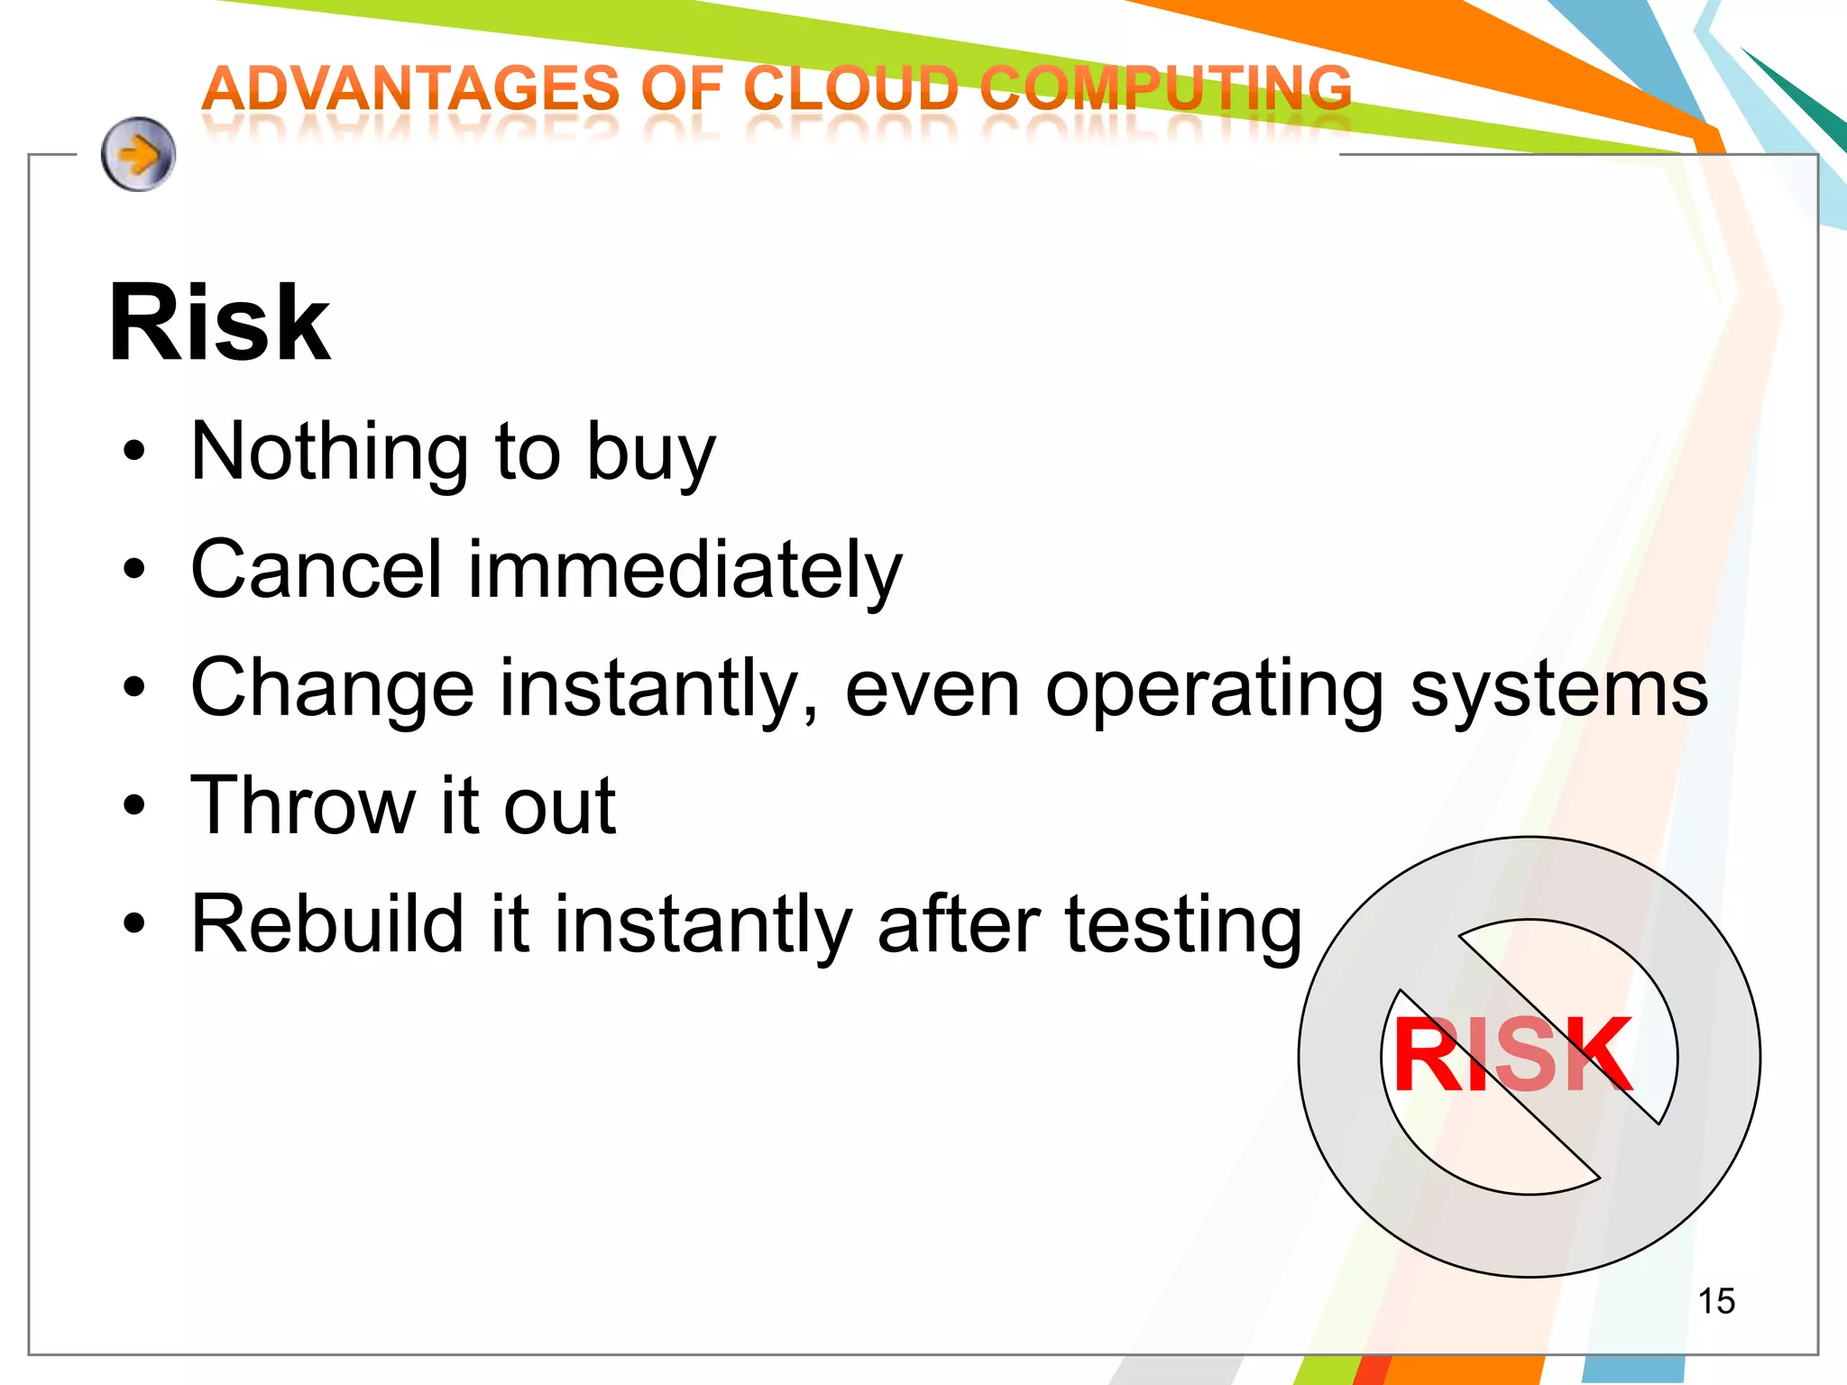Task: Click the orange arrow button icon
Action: pos(138,154)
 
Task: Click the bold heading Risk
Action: pos(219,323)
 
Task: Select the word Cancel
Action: pos(317,569)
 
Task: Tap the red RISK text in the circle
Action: pos(1512,1054)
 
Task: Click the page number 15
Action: pos(1715,1301)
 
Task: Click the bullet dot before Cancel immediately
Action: pos(134,569)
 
